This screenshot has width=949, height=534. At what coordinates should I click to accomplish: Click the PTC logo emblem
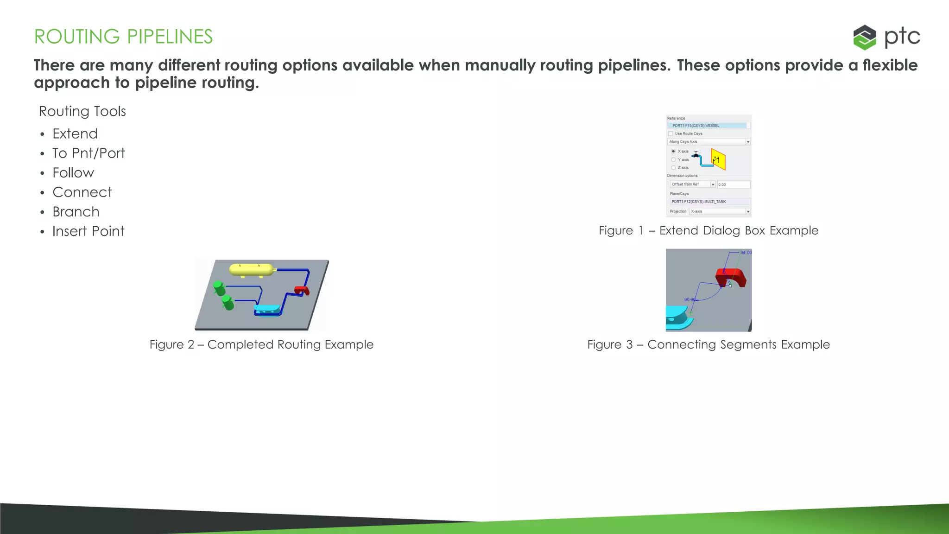pyautogui.click(x=864, y=37)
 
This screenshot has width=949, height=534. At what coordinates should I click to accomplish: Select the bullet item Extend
pyautogui.click(x=75, y=134)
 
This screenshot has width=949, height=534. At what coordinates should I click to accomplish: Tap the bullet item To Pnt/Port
pyautogui.click(x=89, y=153)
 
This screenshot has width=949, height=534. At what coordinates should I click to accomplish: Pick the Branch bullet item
pyautogui.click(x=76, y=212)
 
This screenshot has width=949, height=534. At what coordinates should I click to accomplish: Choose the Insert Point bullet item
pyautogui.click(x=88, y=231)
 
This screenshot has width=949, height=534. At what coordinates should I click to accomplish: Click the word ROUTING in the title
pyautogui.click(x=77, y=37)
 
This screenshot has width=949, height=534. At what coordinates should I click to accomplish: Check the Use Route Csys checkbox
pyautogui.click(x=671, y=133)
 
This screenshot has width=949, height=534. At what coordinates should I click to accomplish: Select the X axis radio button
pyautogui.click(x=673, y=151)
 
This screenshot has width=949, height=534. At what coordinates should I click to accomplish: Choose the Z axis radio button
pyautogui.click(x=673, y=167)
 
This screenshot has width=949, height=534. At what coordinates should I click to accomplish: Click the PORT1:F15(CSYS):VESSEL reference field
pyautogui.click(x=708, y=126)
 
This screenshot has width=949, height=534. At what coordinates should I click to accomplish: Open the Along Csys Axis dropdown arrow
pyautogui.click(x=748, y=142)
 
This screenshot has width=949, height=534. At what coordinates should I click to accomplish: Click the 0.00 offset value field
pyautogui.click(x=733, y=184)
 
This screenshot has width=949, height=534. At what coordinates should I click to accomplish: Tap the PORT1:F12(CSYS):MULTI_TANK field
pyautogui.click(x=709, y=202)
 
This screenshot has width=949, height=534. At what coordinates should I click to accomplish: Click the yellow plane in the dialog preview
pyautogui.click(x=718, y=159)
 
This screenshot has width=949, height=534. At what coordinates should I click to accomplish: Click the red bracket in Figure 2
pyautogui.click(x=302, y=291)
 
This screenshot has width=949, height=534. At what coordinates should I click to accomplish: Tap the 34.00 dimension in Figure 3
pyautogui.click(x=746, y=253)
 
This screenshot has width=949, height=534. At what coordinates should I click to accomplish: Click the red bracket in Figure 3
pyautogui.click(x=732, y=277)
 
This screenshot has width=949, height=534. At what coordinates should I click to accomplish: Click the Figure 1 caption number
pyautogui.click(x=640, y=231)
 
